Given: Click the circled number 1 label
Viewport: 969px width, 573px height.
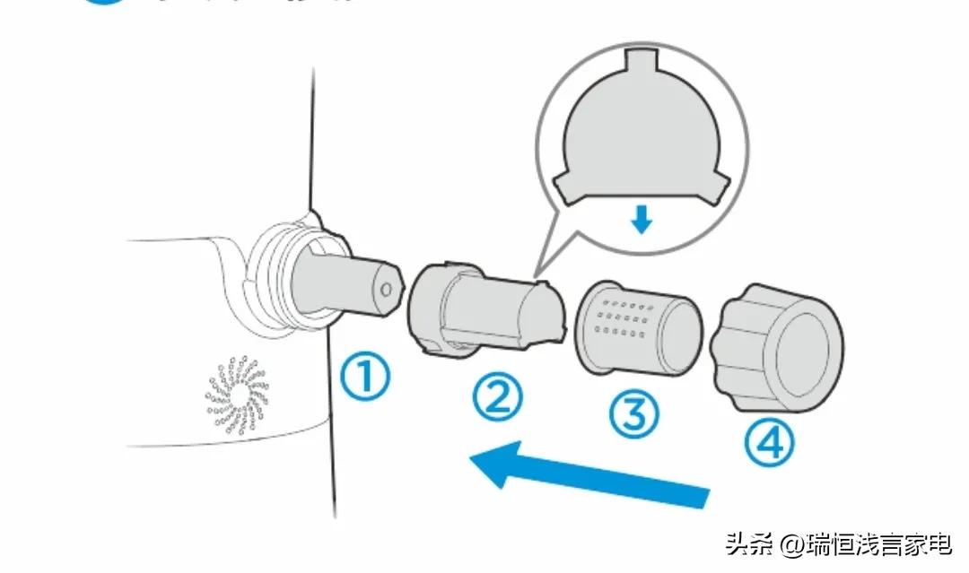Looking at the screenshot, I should [x=365, y=378].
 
